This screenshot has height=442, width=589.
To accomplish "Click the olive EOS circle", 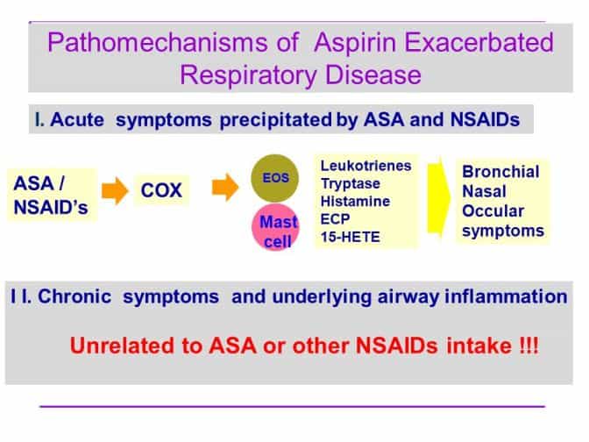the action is (275, 178).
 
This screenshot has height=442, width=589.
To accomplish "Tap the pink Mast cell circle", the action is (276, 227).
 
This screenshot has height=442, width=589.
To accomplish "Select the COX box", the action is (161, 190).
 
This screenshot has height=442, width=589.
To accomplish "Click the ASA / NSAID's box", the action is (52, 195).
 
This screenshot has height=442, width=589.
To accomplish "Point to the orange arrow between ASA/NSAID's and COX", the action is (115, 190).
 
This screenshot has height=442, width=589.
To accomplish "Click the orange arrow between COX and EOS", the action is (225, 187).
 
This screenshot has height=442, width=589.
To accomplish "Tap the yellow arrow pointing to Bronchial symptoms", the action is (439, 198).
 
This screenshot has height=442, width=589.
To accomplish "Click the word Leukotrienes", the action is (365, 166).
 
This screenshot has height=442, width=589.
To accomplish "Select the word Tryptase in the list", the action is (350, 183).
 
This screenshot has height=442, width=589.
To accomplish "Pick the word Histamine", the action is (355, 201).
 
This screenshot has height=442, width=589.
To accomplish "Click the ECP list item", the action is (335, 218).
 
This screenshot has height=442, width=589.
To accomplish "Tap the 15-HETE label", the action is (350, 237).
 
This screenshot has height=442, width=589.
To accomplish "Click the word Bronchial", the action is (500, 172).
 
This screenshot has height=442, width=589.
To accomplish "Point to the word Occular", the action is (493, 210).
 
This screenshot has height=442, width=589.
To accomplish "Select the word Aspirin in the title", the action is (357, 42).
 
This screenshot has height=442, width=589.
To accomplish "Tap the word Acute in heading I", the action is (77, 120).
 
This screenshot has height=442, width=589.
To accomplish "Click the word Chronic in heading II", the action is (75, 296).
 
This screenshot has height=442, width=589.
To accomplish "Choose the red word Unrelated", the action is (122, 346).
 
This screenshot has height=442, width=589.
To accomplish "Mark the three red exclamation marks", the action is (529, 346).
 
